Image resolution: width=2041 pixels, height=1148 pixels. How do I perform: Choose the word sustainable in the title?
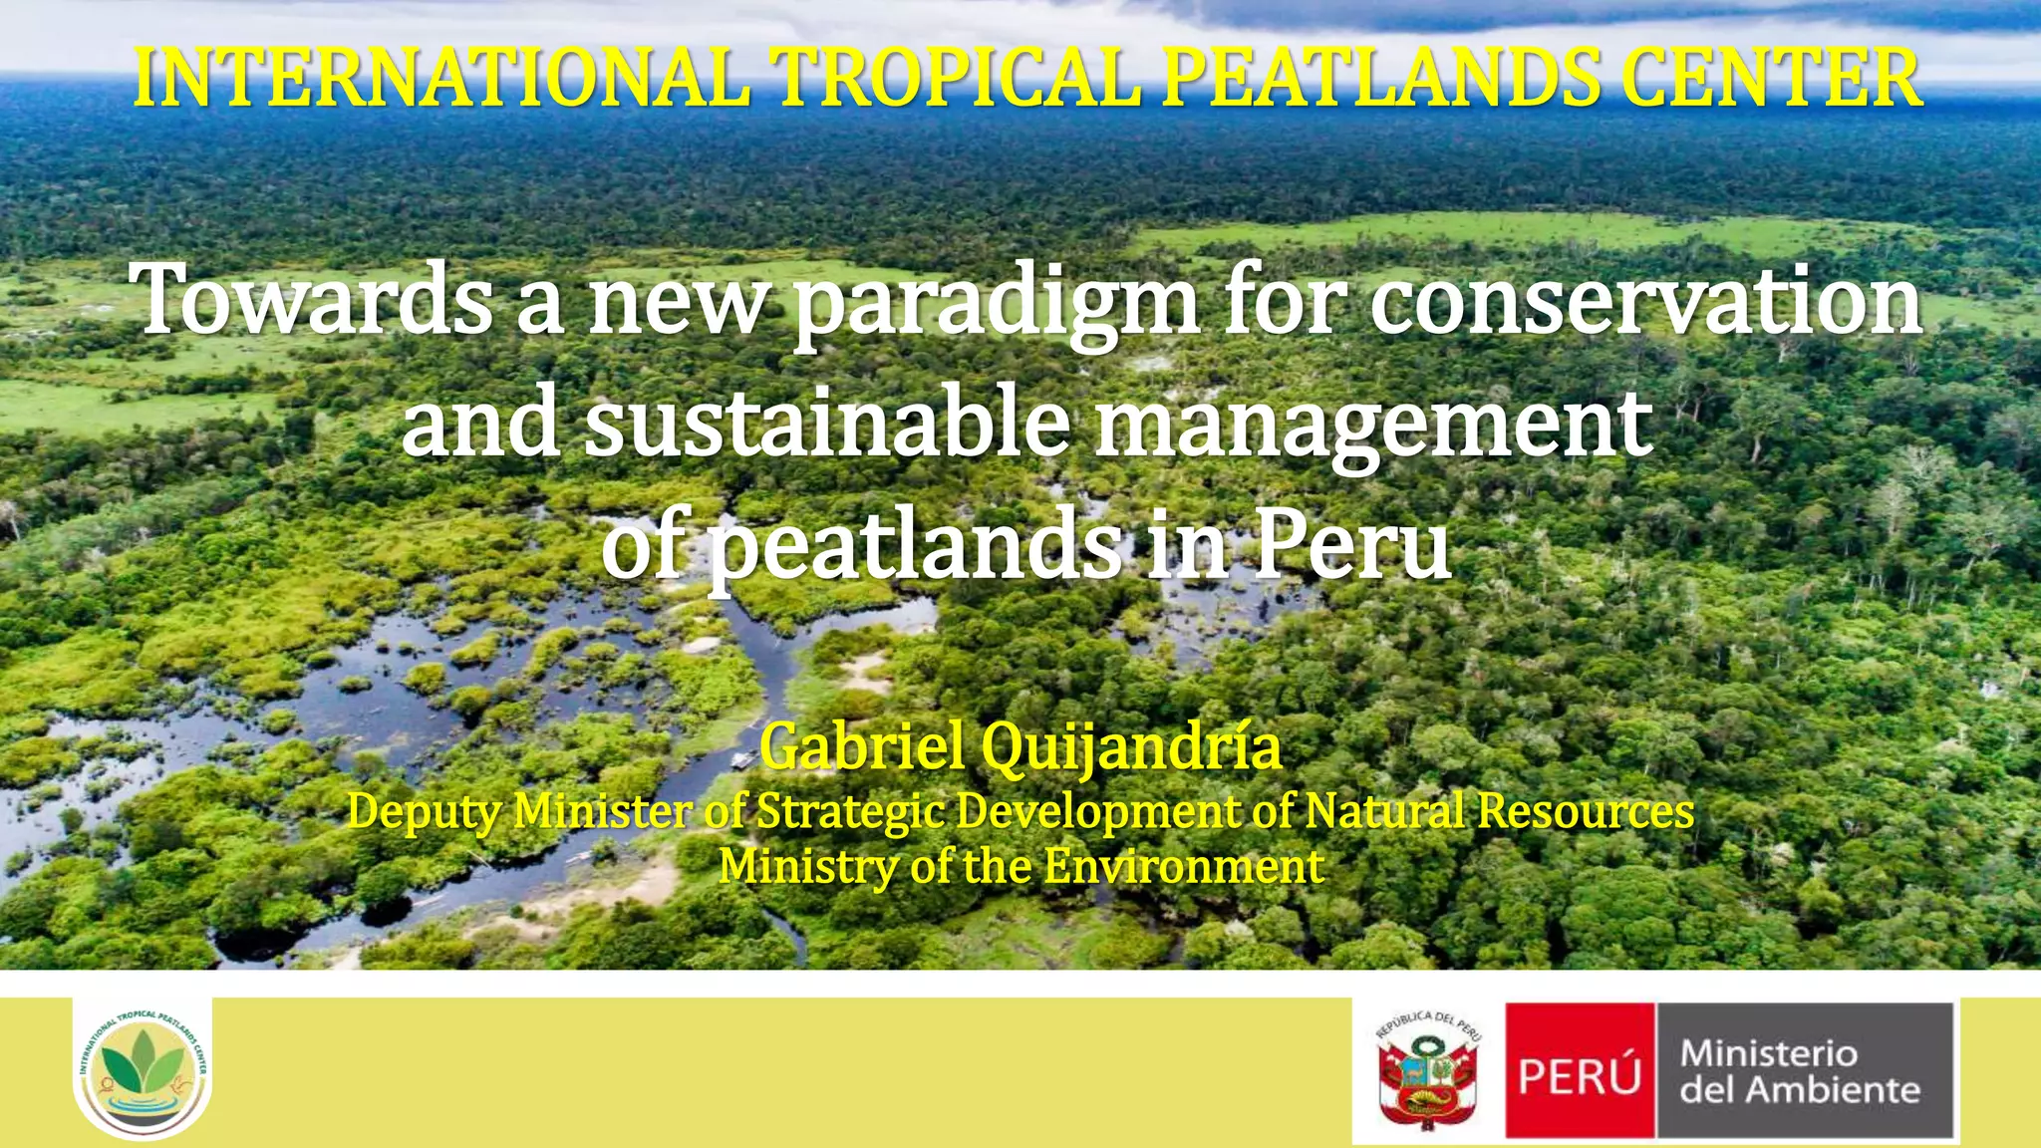click(826, 423)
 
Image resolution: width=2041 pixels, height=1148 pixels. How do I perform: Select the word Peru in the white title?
click(1350, 545)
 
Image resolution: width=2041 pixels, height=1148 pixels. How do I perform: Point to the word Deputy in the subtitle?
click(424, 813)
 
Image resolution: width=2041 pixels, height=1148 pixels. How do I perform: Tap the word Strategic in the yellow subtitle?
click(850, 813)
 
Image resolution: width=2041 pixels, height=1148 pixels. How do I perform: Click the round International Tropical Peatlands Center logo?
click(143, 1068)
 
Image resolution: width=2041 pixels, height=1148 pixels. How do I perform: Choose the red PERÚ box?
click(1580, 1071)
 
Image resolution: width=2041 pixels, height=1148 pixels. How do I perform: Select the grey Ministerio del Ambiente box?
click(1804, 1071)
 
